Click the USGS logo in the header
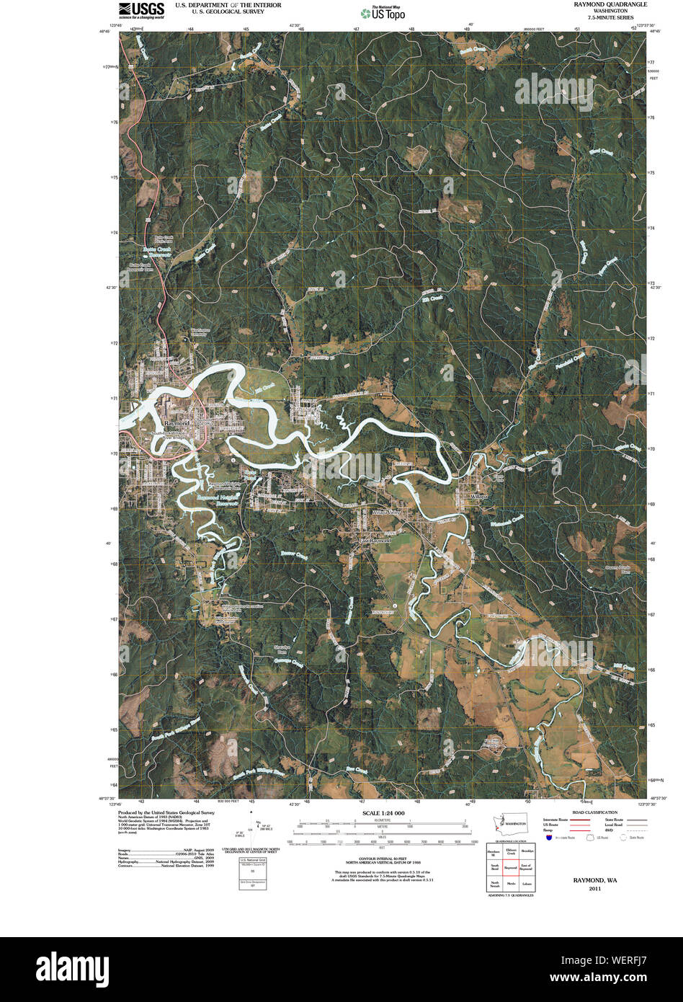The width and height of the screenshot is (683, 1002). coord(141,9)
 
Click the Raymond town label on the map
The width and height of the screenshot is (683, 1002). coord(177,422)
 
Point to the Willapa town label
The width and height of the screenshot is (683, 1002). coord(480,497)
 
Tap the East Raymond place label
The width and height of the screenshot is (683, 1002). coord(375,540)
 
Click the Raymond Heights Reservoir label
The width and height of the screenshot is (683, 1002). coord(218,500)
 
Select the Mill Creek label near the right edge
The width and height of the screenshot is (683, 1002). coord(623,669)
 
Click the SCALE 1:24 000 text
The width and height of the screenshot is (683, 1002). coord(381,813)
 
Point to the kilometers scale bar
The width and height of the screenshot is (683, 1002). coord(381,822)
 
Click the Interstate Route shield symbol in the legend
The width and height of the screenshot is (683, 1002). coord(549,838)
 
